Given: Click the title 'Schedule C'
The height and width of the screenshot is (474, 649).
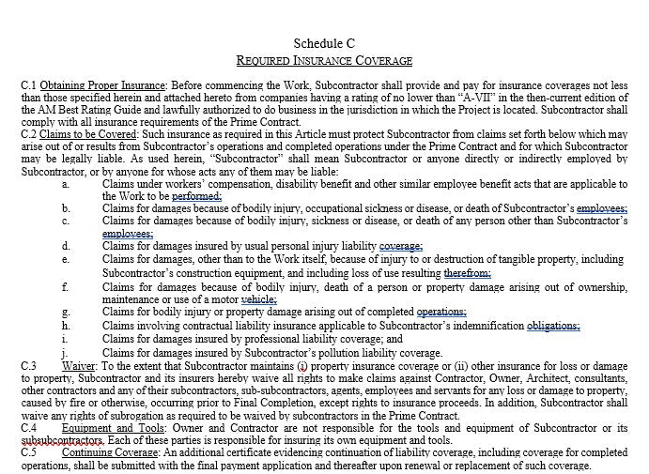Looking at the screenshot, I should (324, 43).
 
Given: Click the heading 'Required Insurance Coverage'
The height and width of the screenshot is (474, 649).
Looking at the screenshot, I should (324, 61).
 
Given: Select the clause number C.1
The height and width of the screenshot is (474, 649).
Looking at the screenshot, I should (29, 85).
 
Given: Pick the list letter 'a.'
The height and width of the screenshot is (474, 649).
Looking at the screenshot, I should (65, 183).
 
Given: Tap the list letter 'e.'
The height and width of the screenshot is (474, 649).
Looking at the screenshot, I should (65, 258).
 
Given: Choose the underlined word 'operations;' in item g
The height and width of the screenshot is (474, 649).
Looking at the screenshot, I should (441, 311).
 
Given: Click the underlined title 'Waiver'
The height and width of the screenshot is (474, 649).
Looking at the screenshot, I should (83, 364).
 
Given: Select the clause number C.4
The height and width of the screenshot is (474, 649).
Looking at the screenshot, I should (29, 427).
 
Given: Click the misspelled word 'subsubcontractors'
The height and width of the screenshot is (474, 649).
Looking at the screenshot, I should (61, 440).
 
